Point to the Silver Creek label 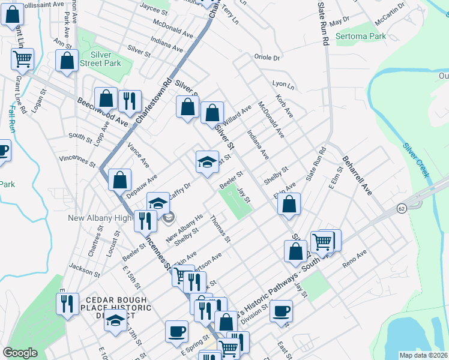pyautogui.click(x=416, y=160)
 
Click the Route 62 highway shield pyautogui.click(x=401, y=208)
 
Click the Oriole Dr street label pyautogui.click(x=268, y=58)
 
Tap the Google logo pyautogui.click(x=20, y=353)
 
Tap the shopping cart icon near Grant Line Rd pyautogui.click(x=23, y=59)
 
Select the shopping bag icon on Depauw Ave pyautogui.click(x=121, y=179)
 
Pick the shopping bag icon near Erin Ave pyautogui.click(x=289, y=204)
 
